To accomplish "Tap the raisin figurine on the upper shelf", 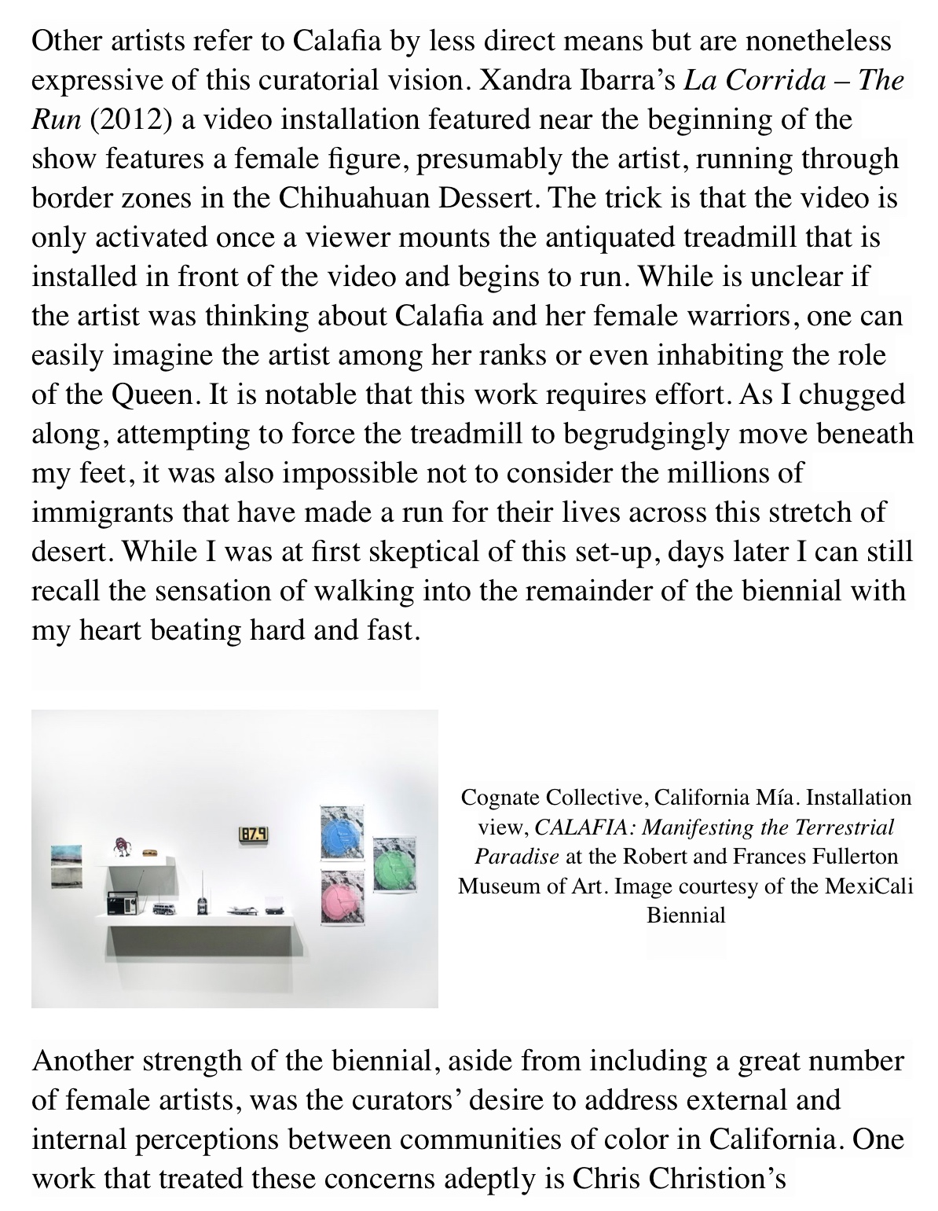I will click(x=121, y=846).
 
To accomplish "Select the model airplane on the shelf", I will click(x=238, y=910).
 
